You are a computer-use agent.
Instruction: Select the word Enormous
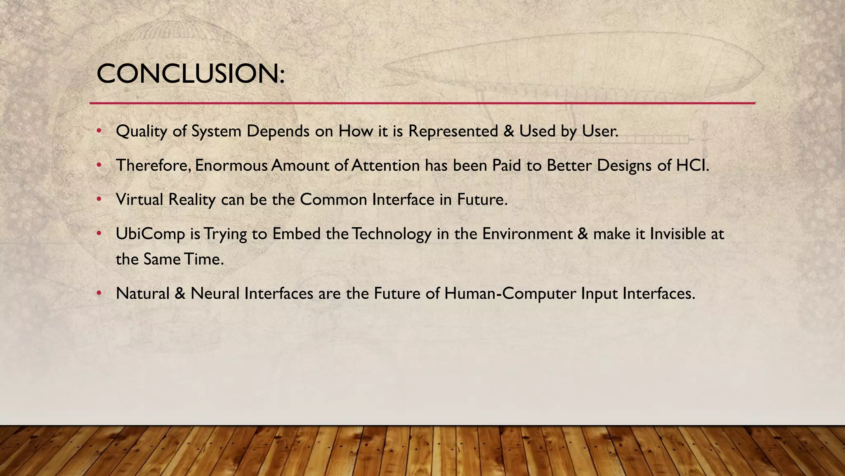click(231, 165)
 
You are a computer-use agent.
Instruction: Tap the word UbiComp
click(150, 234)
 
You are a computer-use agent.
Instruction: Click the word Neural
click(215, 293)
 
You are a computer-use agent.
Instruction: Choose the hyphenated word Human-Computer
click(510, 293)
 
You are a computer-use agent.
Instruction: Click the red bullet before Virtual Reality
click(99, 200)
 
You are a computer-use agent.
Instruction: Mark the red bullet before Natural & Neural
click(99, 293)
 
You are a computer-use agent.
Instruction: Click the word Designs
click(624, 165)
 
